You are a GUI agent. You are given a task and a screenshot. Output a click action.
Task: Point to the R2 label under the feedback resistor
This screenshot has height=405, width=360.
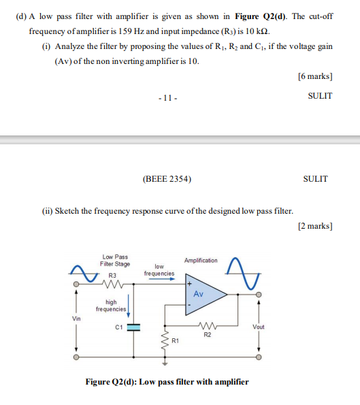coord(208,334)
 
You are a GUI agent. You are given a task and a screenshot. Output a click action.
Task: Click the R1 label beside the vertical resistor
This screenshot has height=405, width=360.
coord(175,339)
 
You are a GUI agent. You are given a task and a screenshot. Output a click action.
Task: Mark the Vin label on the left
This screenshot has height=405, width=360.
coord(77,318)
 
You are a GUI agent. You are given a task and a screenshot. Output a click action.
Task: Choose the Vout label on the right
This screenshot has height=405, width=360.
coord(258,326)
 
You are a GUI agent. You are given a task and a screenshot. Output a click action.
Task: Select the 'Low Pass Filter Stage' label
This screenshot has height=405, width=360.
coord(114,260)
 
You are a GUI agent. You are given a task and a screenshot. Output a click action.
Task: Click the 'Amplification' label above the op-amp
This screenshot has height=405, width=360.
coord(201,261)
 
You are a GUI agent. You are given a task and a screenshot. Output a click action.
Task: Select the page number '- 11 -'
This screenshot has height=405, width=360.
coord(167,96)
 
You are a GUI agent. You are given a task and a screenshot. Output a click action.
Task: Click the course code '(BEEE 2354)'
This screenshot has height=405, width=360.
coord(167,179)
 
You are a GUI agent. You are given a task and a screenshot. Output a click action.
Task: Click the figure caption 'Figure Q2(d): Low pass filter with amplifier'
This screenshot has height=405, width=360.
coord(167,382)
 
